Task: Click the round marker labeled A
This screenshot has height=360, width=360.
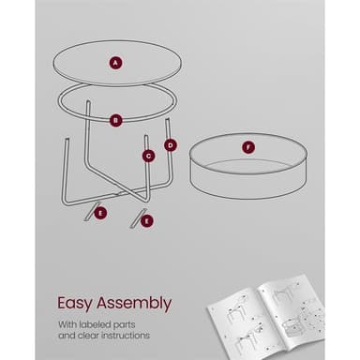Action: [x=116, y=63]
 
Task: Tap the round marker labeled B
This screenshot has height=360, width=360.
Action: [x=115, y=120]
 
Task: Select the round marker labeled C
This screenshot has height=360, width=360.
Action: [x=149, y=156]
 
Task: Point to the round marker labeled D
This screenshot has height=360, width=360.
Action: [x=171, y=145]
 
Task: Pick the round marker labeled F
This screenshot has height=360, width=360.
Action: [x=248, y=147]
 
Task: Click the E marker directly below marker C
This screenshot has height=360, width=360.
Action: [x=147, y=221]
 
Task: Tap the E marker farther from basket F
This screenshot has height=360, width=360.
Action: [x=100, y=214]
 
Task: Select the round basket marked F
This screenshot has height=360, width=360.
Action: [x=248, y=166]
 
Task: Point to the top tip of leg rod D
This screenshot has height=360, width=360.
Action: [x=168, y=119]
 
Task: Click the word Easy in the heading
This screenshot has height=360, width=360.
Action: [x=75, y=304]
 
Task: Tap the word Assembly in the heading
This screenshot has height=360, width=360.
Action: [x=134, y=304]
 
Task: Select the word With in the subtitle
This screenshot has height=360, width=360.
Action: [x=67, y=324]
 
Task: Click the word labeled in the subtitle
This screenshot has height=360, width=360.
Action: [x=95, y=324]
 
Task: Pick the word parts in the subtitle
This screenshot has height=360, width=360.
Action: [x=125, y=325]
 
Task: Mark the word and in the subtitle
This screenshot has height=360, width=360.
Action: [x=67, y=336]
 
